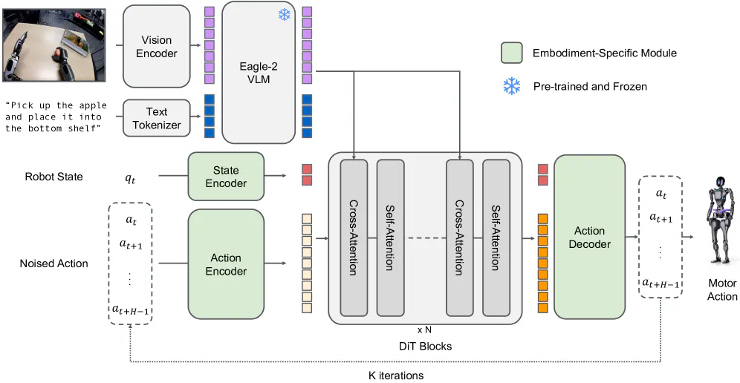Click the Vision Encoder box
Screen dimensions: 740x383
pyautogui.click(x=156, y=46)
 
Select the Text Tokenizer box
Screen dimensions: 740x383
pyautogui.click(x=156, y=119)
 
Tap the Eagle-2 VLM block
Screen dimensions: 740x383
pyautogui.click(x=259, y=72)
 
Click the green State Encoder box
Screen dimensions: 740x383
pyautogui.click(x=226, y=177)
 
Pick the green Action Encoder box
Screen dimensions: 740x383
pyautogui.click(x=226, y=264)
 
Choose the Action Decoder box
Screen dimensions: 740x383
pyautogui.click(x=589, y=237)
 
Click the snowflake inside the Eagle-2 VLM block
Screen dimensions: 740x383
pyautogui.click(x=284, y=15)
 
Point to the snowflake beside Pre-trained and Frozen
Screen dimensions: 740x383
pyautogui.click(x=512, y=86)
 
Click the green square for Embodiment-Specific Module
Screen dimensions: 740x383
pyautogui.click(x=512, y=53)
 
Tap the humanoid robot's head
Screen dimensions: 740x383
pyautogui.click(x=720, y=183)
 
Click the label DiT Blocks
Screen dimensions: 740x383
pyautogui.click(x=425, y=346)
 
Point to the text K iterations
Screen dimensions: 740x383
pyautogui.click(x=396, y=376)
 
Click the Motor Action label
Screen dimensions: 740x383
pyautogui.click(x=722, y=289)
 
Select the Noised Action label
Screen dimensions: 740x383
pyautogui.click(x=53, y=263)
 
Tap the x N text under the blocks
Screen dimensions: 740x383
pyautogui.click(x=424, y=330)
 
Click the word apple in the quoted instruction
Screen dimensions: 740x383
pyautogui.click(x=94, y=105)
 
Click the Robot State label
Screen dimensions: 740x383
pyautogui.click(x=53, y=177)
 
